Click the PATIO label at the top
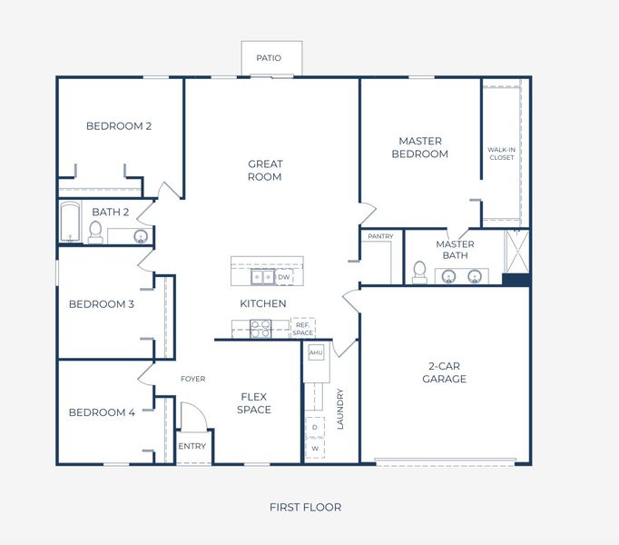click(x=269, y=58)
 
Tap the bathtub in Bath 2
click(x=71, y=223)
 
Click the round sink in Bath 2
click(x=141, y=236)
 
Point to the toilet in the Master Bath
click(x=419, y=271)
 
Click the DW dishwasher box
click(x=284, y=277)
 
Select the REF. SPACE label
click(x=302, y=328)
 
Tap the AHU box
click(x=316, y=352)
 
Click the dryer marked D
click(x=315, y=426)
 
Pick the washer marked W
click(x=315, y=448)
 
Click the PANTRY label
click(x=380, y=237)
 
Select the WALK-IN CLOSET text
click(x=501, y=154)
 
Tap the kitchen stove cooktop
click(x=260, y=328)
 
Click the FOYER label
click(x=192, y=379)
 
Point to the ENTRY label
click(x=192, y=446)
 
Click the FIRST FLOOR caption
click(x=306, y=507)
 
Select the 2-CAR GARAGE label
click(x=445, y=372)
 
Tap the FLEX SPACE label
click(x=254, y=402)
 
